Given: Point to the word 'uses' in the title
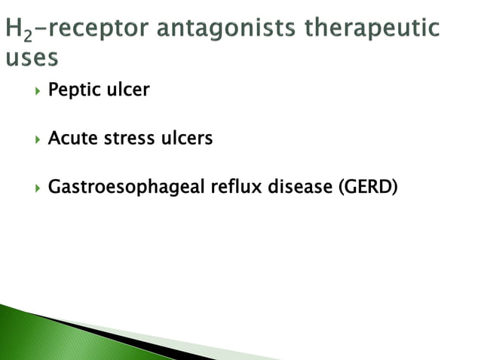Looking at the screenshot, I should click(30, 58).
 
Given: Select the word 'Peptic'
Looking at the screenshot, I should click(72, 91).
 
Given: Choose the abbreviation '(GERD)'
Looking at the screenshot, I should click(368, 187).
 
